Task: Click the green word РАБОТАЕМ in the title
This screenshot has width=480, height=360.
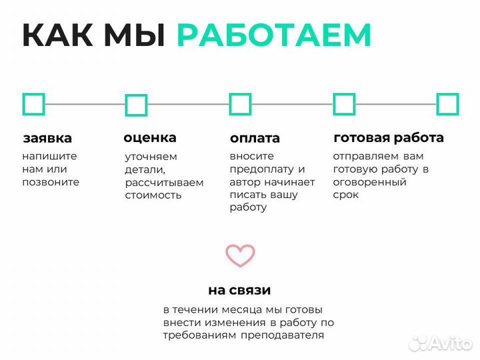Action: (274, 35)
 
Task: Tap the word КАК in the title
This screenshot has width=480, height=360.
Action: (59, 35)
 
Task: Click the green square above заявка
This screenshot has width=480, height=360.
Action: (33, 104)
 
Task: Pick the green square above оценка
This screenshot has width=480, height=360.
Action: (136, 105)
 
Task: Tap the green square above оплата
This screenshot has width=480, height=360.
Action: (240, 104)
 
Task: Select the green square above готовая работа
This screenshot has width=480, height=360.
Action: (344, 104)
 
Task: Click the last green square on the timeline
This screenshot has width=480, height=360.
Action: (447, 104)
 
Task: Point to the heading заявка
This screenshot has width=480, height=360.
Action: (47, 139)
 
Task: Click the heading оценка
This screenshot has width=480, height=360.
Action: (150, 138)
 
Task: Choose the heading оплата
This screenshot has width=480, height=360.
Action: (255, 139)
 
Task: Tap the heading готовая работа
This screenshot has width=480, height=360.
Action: (389, 138)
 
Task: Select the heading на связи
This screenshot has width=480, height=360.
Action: (239, 290)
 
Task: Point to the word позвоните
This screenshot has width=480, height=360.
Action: (51, 182)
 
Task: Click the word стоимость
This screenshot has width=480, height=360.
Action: (153, 195)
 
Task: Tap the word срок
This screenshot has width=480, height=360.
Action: (346, 195)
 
